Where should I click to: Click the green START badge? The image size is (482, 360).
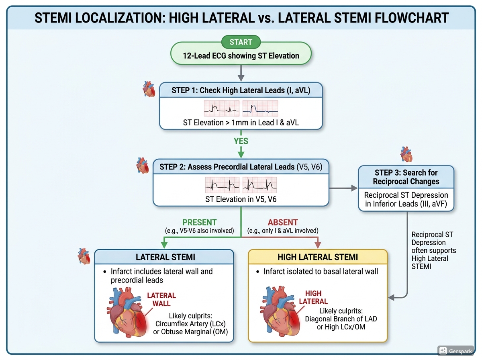[x=241, y=42]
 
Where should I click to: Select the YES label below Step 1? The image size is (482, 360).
[x=241, y=141]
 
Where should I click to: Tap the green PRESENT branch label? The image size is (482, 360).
[x=199, y=222]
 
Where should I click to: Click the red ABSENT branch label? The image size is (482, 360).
[x=283, y=222]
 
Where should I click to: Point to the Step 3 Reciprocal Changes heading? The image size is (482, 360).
[x=406, y=177]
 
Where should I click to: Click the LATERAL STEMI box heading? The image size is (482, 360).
[x=165, y=257]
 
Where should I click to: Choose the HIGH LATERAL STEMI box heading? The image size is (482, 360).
[x=318, y=257]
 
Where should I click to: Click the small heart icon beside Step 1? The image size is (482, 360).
[x=149, y=89]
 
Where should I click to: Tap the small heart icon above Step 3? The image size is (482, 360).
[x=406, y=154]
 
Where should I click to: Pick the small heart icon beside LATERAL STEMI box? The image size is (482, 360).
[x=84, y=256]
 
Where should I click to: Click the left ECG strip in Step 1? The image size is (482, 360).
[x=222, y=108]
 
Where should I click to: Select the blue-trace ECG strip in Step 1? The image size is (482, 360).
[x=260, y=108]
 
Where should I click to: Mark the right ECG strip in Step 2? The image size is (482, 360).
[x=259, y=185]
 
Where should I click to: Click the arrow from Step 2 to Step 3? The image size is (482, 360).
[x=343, y=188]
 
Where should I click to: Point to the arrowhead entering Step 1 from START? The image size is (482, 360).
[x=241, y=78]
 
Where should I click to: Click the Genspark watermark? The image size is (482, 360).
[x=455, y=351]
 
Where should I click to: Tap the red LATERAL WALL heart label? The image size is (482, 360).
[x=161, y=299]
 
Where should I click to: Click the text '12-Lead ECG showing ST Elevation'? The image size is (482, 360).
[x=241, y=56]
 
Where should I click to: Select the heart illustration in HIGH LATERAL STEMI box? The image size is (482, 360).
[x=280, y=311]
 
